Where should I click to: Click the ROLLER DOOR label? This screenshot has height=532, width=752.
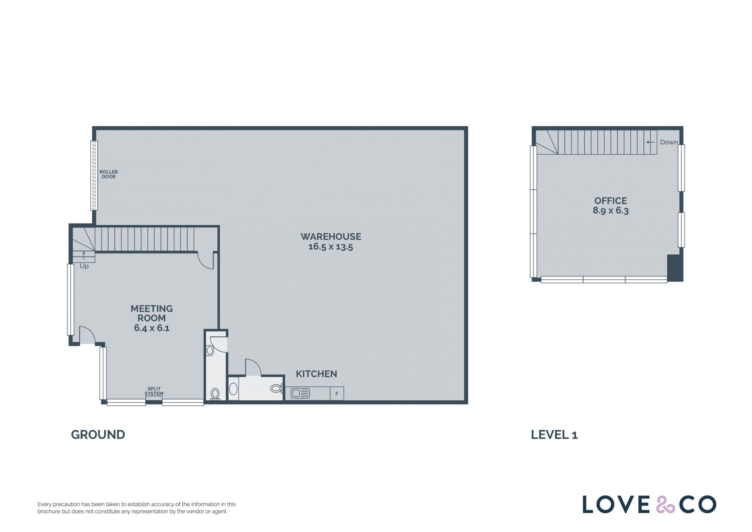[x=108, y=174]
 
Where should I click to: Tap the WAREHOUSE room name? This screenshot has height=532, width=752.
[x=331, y=236]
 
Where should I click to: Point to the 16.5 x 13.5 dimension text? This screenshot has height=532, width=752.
[x=331, y=247]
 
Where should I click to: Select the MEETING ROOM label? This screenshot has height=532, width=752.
[x=152, y=313]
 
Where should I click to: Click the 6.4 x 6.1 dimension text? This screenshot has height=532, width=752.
[x=152, y=328]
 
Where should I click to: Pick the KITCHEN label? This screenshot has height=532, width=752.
[x=316, y=374]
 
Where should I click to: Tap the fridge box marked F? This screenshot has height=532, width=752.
[x=337, y=394]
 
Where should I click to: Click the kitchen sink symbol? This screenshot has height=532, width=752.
[x=300, y=393]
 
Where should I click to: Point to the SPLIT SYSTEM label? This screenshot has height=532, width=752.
[x=154, y=391]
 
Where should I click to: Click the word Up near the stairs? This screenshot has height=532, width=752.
[x=84, y=266]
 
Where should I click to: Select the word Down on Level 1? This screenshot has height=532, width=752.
[x=669, y=142]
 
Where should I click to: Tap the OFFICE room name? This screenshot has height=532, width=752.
[x=611, y=201]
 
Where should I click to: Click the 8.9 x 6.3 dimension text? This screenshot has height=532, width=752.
[x=611, y=211]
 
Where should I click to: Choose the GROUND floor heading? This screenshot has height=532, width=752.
[x=98, y=435]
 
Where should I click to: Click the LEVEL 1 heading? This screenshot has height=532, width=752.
[x=554, y=435]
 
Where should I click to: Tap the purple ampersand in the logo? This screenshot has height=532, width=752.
[x=665, y=505]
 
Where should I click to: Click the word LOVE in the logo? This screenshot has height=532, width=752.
[x=616, y=505]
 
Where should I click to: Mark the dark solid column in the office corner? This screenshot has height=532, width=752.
[x=675, y=268]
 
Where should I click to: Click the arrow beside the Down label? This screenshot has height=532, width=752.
[x=650, y=142]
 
